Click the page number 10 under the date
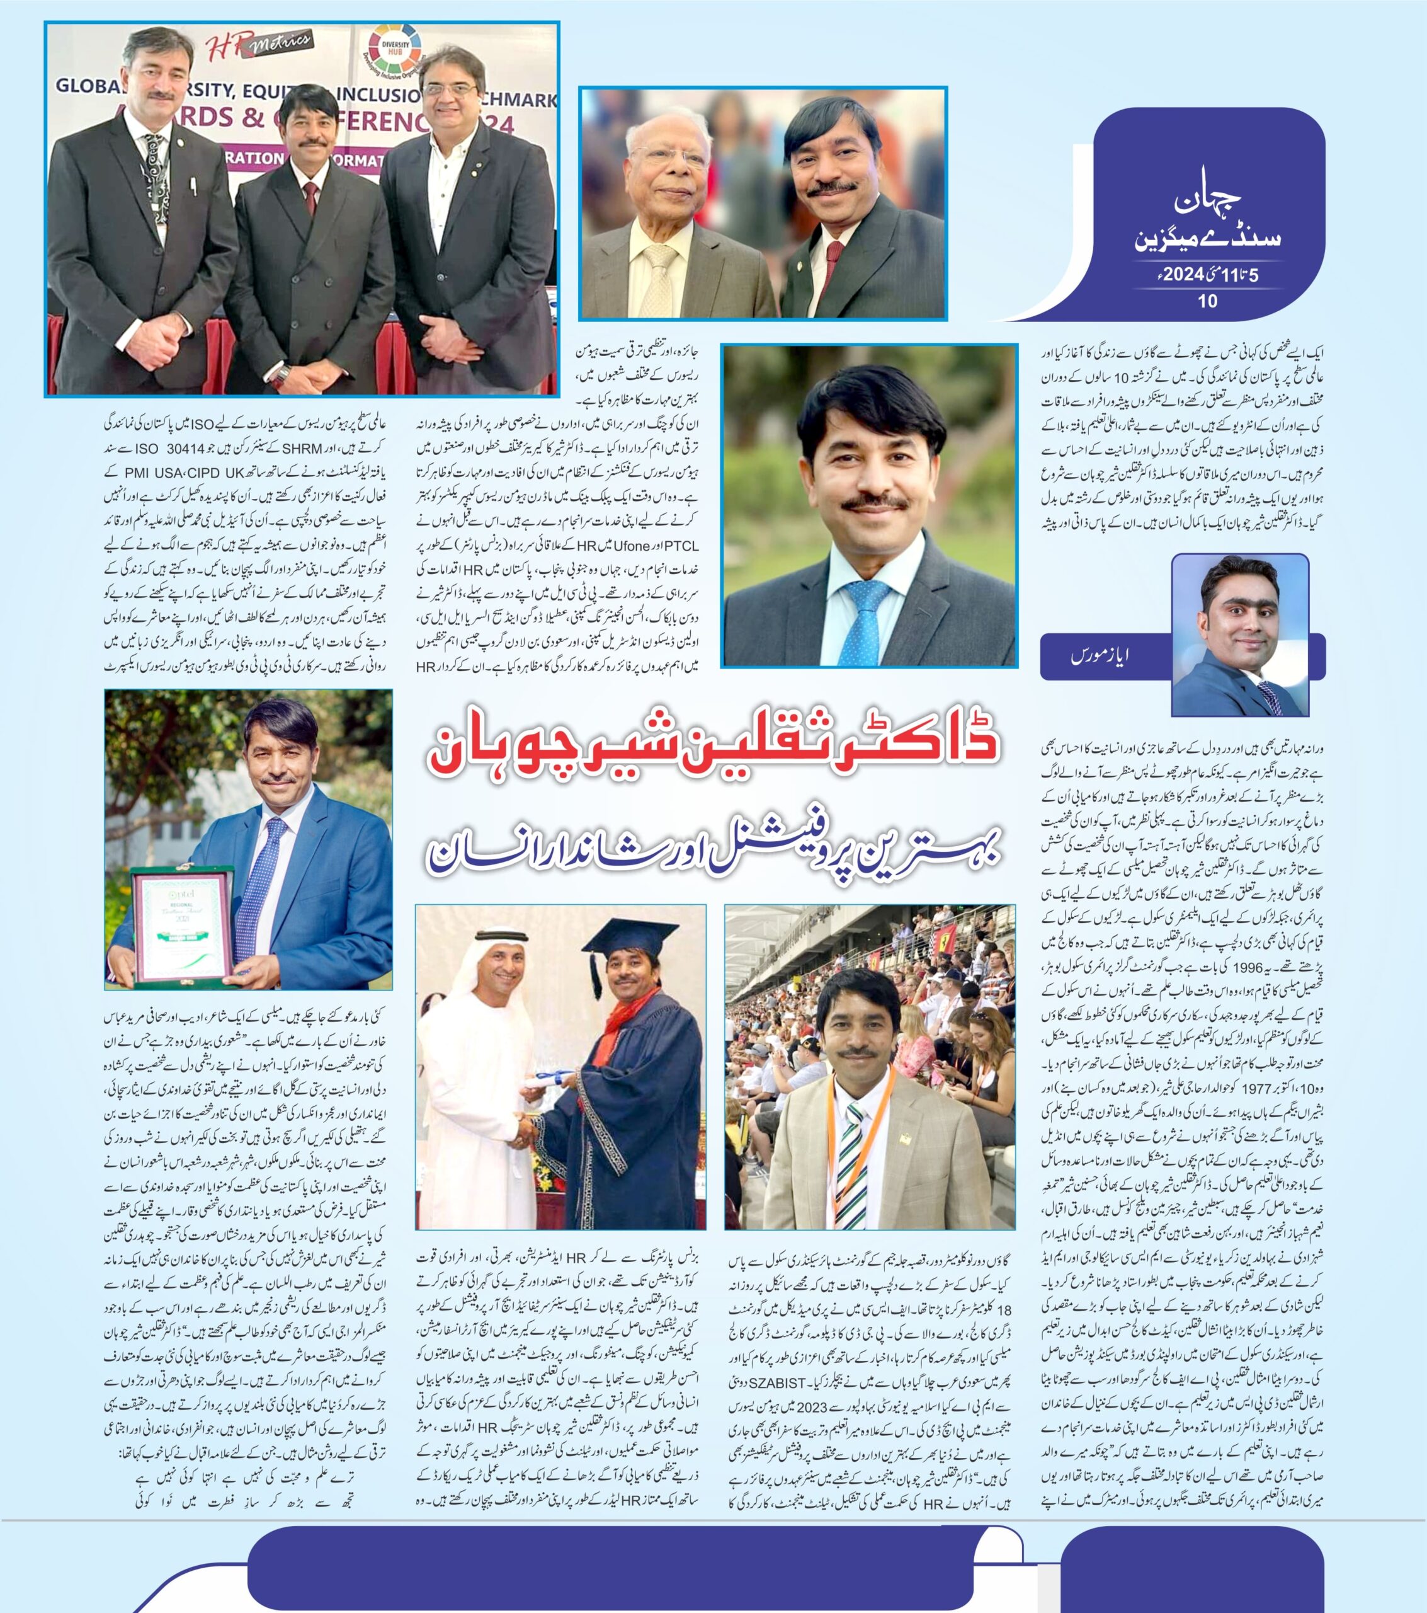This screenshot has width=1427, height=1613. (x=1208, y=300)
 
